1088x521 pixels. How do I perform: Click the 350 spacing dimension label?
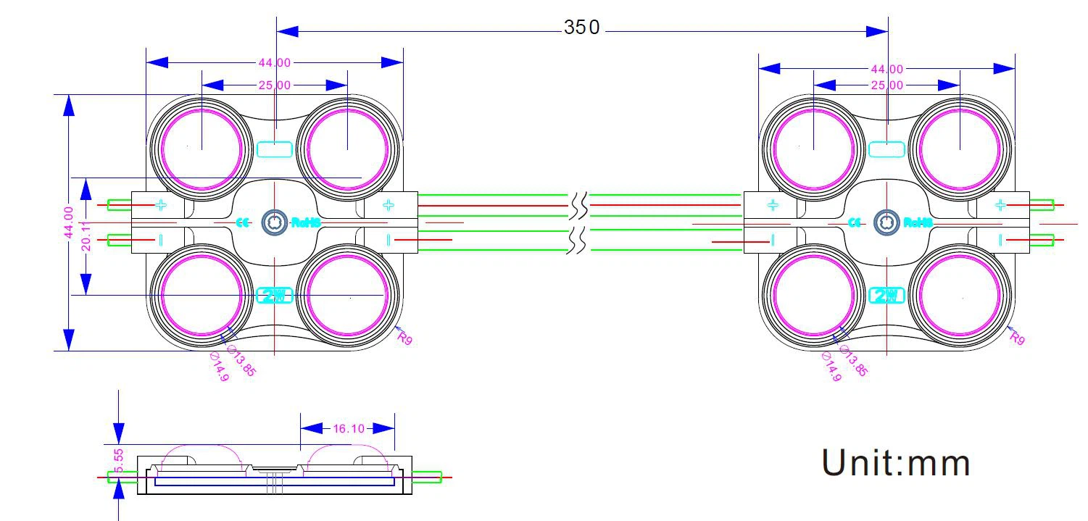(x=582, y=28)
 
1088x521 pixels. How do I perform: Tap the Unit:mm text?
(x=895, y=463)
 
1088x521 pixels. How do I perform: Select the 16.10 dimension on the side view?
(x=348, y=428)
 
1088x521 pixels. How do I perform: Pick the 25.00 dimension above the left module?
(x=275, y=85)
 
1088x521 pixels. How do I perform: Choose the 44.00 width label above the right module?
(x=886, y=69)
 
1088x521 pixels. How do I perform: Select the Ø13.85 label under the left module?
(x=242, y=359)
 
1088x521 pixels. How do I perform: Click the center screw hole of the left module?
(x=275, y=222)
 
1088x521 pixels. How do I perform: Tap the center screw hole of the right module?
(x=886, y=222)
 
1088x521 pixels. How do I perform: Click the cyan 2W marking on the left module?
(x=275, y=296)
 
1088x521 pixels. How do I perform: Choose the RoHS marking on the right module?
(x=917, y=222)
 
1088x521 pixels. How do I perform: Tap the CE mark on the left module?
(x=243, y=222)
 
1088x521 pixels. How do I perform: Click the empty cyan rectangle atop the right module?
(x=886, y=149)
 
